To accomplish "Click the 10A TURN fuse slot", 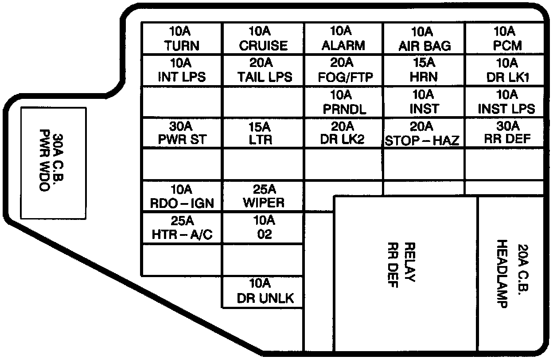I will (181, 39).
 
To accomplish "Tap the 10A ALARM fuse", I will (343, 39).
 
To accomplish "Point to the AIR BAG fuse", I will (424, 39).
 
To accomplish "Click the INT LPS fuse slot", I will (181, 70).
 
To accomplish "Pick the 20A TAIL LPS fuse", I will (263, 70).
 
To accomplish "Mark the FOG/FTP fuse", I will (343, 70).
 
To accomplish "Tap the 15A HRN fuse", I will (424, 70).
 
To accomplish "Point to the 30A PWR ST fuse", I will (181, 133).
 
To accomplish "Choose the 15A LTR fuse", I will (263, 133).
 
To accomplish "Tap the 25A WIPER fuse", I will (263, 196).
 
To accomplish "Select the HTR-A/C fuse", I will (181, 228).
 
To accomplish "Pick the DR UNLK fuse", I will (263, 291).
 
